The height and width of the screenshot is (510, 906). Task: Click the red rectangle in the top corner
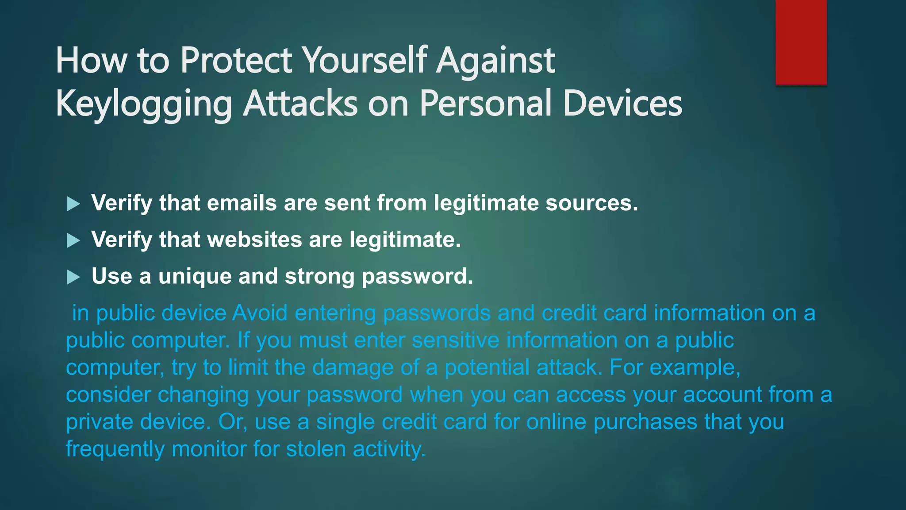[x=801, y=42]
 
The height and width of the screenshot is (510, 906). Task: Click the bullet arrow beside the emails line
[x=73, y=204]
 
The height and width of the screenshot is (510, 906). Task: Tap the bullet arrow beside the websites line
[x=73, y=241]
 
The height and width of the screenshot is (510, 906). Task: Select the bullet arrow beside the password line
[x=73, y=278]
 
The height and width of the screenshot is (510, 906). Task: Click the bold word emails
[x=242, y=203]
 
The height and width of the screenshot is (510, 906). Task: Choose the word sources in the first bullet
[x=591, y=203]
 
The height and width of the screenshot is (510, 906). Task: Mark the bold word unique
[x=195, y=277]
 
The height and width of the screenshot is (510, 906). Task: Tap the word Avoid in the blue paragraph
[x=260, y=313]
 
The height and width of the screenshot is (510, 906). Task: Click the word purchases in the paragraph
[x=645, y=422]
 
